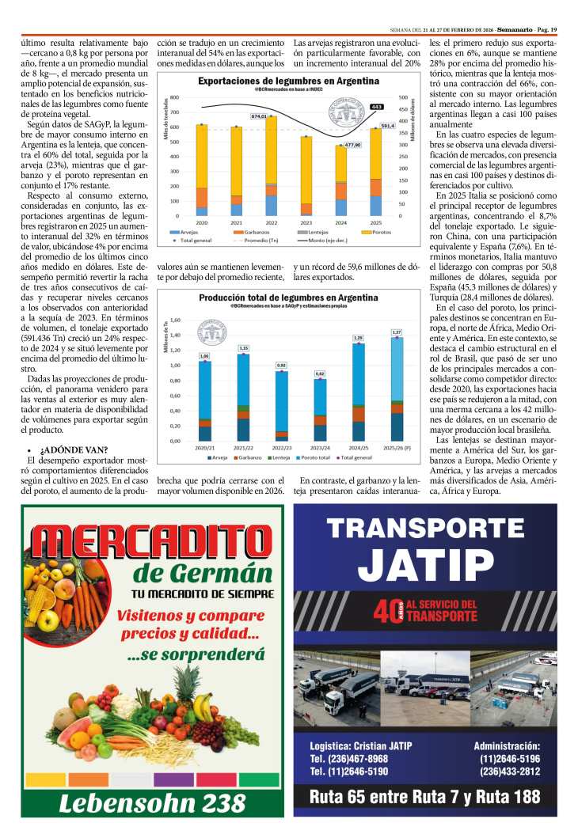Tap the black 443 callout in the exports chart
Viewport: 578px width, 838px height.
[x=377, y=107]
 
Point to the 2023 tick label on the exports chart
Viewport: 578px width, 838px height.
[x=306, y=223]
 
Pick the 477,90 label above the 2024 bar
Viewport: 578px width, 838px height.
[x=352, y=145]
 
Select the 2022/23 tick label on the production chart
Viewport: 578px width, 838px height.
[x=281, y=447]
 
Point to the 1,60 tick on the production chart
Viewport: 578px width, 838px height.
[x=176, y=320]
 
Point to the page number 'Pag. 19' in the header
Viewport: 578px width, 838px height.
[x=543, y=8]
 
